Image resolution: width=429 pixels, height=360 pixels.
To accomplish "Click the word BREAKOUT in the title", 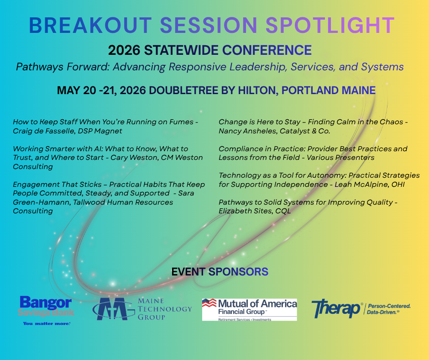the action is click(90, 26).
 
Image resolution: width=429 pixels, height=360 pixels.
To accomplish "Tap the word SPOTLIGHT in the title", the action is click(330, 26).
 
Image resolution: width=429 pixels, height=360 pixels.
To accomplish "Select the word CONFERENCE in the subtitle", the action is click(267, 50).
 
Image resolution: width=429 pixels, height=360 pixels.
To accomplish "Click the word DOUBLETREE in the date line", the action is click(183, 90).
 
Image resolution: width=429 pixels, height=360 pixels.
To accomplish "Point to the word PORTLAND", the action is click(310, 90).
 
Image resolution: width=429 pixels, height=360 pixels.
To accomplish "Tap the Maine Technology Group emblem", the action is click(113, 309).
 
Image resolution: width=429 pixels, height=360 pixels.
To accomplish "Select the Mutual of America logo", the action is click(250, 310).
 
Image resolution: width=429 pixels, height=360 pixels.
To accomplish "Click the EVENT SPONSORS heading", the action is click(220, 272).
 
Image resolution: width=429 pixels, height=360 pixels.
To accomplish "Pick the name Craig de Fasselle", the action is click(43, 131).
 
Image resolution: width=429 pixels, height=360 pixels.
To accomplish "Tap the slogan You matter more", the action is click(47, 323).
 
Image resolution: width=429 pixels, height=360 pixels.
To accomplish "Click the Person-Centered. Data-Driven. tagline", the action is click(388, 309).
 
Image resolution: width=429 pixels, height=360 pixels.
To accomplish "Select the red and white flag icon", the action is click(209, 303).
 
